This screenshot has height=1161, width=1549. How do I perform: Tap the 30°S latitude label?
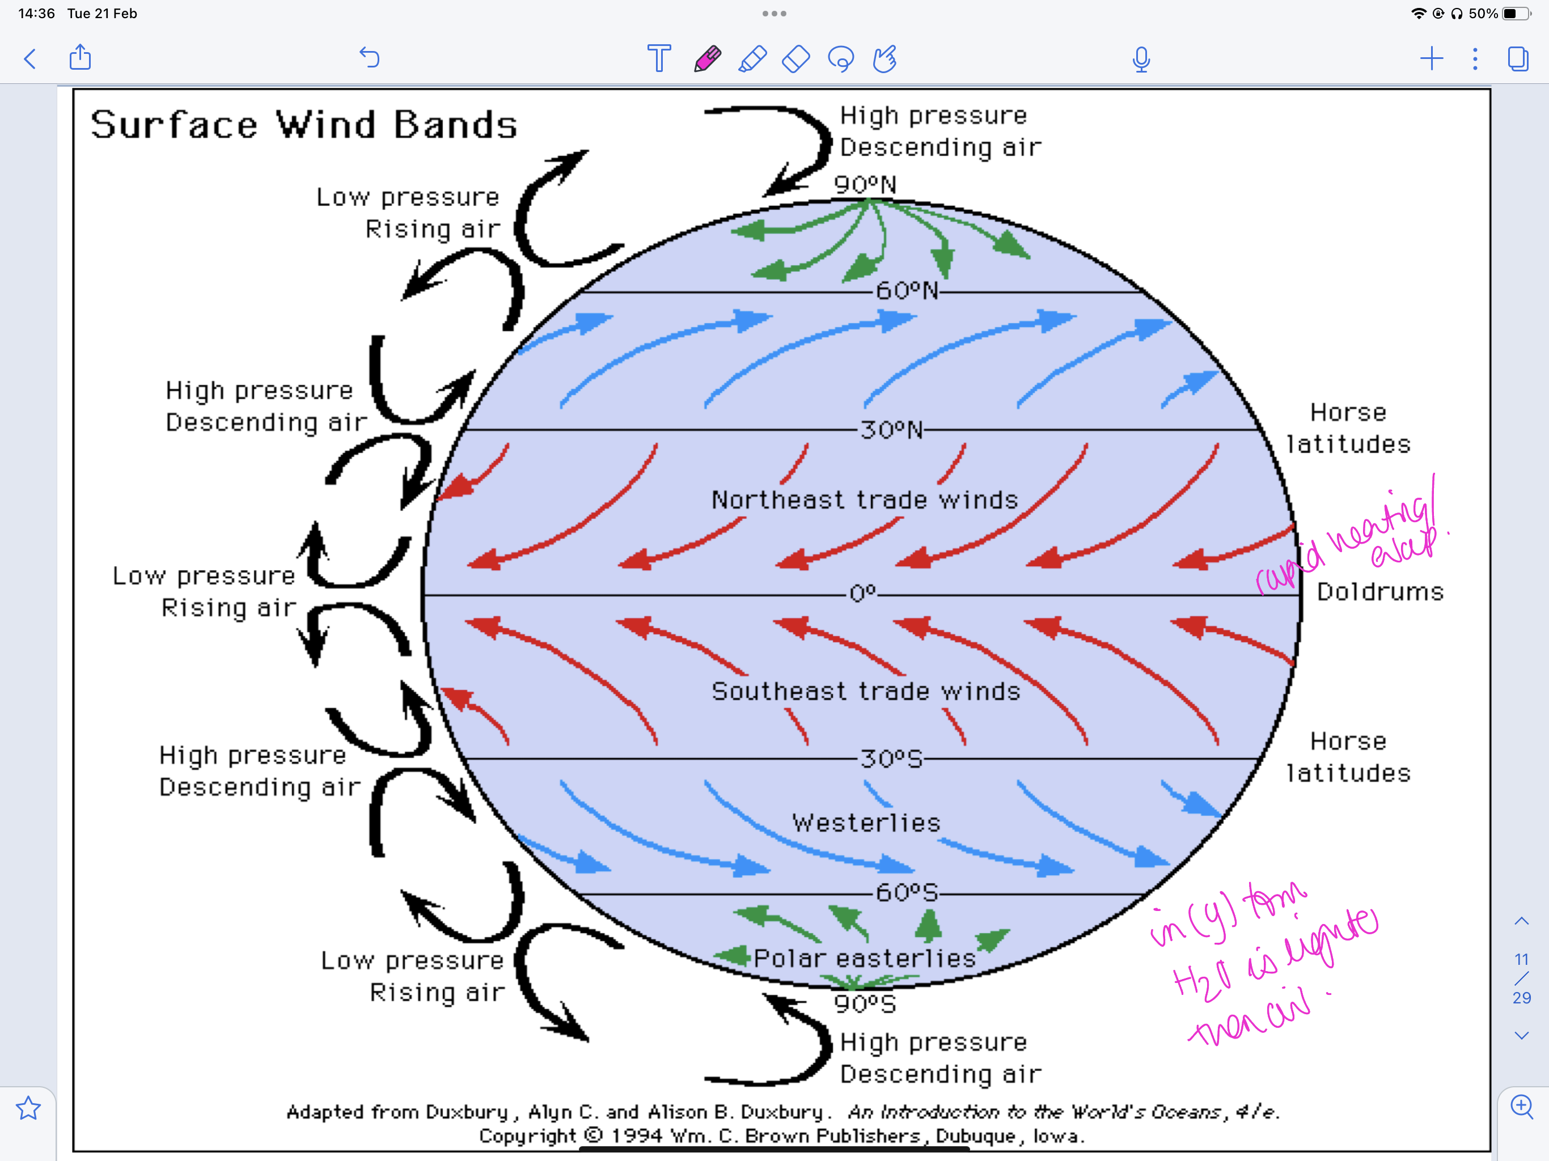point(891,759)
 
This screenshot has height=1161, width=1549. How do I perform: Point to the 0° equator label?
point(863,594)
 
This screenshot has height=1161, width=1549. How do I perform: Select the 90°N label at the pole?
point(865,185)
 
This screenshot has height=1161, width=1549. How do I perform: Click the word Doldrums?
point(1379,592)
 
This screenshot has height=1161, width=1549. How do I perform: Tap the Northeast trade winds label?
point(865,500)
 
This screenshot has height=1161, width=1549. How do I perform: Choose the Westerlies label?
point(866,823)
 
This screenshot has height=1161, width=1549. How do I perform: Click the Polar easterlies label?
point(865,958)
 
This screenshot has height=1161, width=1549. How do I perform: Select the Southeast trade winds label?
point(866,692)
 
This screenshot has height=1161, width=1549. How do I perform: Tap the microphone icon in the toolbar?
point(1141,59)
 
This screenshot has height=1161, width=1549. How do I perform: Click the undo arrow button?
point(370,57)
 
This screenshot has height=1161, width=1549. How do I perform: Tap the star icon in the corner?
point(28,1108)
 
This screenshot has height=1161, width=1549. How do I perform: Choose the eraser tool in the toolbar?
point(796,59)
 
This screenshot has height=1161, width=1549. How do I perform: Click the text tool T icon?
point(659,59)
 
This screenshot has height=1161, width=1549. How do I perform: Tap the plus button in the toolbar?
point(1432,58)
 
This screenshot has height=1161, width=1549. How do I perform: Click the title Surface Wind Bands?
point(304,125)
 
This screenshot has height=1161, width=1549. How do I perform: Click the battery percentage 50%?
point(1483,13)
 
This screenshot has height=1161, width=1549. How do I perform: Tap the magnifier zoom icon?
point(1522,1107)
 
